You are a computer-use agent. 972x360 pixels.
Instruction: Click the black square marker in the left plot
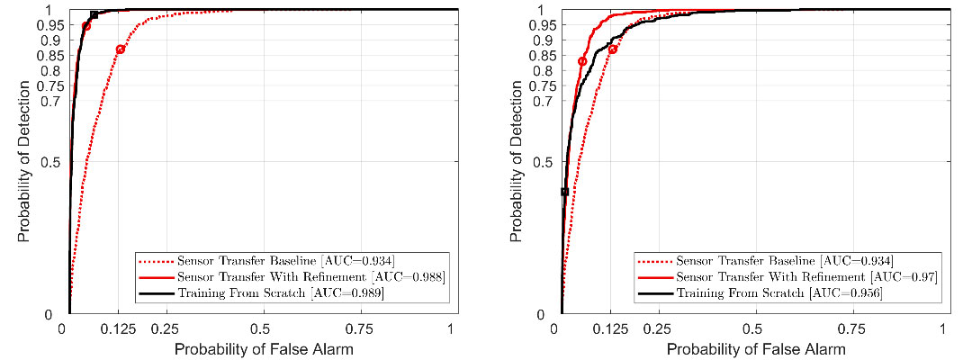click(x=94, y=15)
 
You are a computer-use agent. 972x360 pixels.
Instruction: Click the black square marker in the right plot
click(x=564, y=192)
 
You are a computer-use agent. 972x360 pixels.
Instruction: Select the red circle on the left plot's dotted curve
click(x=121, y=49)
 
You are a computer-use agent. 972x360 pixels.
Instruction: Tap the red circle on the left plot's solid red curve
click(x=86, y=26)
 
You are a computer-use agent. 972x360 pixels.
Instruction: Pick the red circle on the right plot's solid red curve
click(x=582, y=61)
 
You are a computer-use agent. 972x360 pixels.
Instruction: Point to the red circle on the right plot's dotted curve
click(x=613, y=49)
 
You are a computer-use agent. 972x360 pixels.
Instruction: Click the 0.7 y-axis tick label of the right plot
click(x=543, y=101)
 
